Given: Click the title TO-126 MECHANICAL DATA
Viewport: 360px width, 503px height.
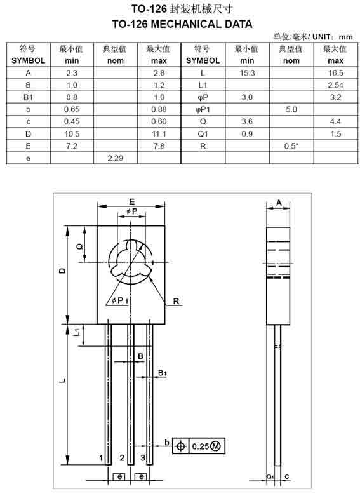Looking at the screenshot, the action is [182, 24].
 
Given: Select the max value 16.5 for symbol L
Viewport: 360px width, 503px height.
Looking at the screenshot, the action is [336, 73].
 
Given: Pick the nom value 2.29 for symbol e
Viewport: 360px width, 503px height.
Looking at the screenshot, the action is [116, 158].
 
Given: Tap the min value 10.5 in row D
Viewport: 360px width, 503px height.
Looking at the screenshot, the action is [72, 134].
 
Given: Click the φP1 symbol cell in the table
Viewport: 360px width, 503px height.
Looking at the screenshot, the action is [203, 110].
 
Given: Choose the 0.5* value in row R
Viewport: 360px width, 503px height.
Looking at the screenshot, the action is [291, 146].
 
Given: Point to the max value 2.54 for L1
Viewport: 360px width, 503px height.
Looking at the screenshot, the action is [336, 85].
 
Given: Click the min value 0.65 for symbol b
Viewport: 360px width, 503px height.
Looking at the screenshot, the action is [72, 109].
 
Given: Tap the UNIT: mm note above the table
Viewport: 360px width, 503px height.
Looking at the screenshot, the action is [333, 37].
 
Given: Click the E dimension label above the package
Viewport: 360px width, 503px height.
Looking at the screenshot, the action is [132, 201].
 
